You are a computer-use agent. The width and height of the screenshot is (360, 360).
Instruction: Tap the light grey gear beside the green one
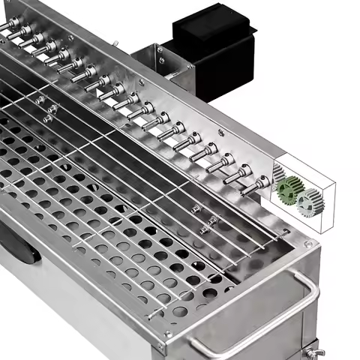click(x=308, y=202)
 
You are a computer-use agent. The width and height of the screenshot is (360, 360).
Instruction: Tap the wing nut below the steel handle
click(x=310, y=349)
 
